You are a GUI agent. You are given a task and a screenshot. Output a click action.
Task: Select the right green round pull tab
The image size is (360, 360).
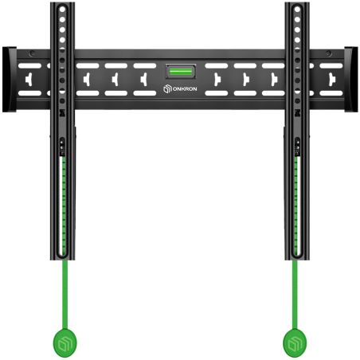coord(295,343)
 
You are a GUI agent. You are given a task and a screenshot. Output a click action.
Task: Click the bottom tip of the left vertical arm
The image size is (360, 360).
coord(63,262)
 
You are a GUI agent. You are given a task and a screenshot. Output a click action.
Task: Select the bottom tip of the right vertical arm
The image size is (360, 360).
coord(295,262)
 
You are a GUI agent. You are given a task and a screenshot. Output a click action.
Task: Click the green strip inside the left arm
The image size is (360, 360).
coord(63,199)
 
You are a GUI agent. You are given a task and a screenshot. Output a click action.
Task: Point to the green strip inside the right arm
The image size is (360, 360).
coord(295,199)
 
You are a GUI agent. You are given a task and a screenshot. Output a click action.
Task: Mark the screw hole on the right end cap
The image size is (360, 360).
coord(328,55)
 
